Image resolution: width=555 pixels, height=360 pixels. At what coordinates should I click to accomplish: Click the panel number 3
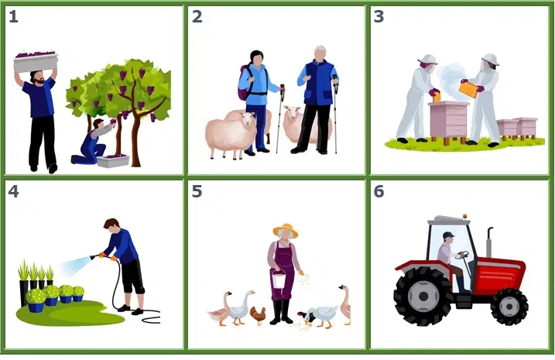pos(379,16)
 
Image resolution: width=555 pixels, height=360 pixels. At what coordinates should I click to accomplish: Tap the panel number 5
pos(197,191)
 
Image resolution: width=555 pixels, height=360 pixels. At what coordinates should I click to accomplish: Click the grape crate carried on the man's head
pos(36,61)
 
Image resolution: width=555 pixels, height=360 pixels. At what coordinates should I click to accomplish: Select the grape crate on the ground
pos(113,161)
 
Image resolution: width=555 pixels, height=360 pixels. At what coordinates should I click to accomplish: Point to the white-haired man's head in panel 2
pos(320,53)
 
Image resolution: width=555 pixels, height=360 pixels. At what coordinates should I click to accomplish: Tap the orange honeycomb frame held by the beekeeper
pos(468,89)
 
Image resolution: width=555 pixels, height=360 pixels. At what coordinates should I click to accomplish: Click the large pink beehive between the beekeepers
pos(447,120)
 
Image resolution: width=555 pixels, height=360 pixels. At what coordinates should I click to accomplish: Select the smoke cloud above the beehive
pos(451,79)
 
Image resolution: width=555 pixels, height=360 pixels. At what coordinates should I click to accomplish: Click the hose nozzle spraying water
pos(94,256)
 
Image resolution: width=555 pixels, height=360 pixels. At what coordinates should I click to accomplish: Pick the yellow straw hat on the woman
pos(286,230)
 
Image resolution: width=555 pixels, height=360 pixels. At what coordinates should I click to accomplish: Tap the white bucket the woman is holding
pos(279,280)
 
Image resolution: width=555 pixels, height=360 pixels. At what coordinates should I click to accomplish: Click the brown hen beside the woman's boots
pos(258,315)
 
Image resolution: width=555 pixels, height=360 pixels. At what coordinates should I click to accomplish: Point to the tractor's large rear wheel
pos(423,296)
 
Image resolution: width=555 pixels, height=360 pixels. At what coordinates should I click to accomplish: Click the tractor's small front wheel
pos(509,307)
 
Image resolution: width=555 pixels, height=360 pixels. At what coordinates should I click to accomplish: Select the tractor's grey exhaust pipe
pos(488,242)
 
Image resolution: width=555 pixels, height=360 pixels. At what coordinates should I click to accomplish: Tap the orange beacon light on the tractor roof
pos(465,217)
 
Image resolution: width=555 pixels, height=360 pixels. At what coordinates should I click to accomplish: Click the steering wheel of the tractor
pos(462,255)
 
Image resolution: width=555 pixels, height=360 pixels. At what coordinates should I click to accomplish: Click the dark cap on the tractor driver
pos(448,235)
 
